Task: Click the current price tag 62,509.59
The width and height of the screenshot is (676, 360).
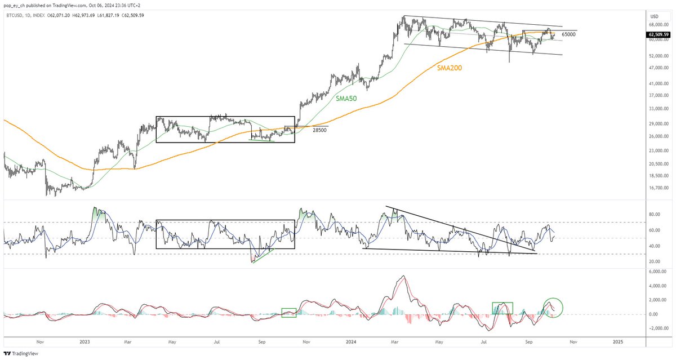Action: point(657,34)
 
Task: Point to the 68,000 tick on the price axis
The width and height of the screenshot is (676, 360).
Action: point(653,25)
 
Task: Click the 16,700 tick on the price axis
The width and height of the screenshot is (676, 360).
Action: point(653,188)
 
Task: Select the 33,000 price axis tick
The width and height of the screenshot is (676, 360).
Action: point(653,109)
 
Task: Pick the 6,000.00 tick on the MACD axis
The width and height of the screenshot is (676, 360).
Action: point(652,272)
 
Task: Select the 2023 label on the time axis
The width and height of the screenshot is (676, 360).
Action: point(84,342)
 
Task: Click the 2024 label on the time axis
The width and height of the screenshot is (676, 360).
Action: point(352,342)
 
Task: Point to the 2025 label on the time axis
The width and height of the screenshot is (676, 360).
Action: point(618,342)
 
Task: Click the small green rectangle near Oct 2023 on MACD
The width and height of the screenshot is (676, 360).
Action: point(289,312)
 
